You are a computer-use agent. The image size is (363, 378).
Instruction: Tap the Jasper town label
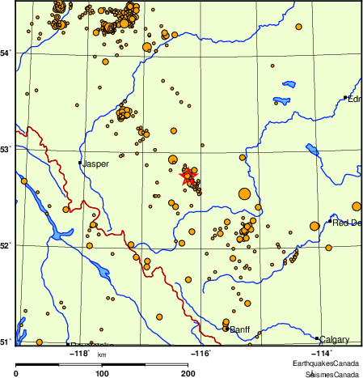pyautogui.click(x=95, y=164)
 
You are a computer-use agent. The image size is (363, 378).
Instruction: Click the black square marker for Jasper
pyautogui.click(x=79, y=163)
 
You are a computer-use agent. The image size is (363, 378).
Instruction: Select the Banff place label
pyautogui.click(x=240, y=330)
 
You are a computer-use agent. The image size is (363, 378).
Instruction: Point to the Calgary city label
pyautogui.click(x=333, y=339)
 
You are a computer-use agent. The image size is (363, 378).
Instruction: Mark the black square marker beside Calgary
pyautogui.click(x=317, y=338)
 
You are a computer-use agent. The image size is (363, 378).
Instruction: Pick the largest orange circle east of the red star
pyautogui.click(x=244, y=193)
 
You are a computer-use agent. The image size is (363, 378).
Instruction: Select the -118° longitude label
pyautogui.click(x=79, y=353)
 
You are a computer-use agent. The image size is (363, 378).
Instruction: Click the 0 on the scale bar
pyautogui.click(x=17, y=373)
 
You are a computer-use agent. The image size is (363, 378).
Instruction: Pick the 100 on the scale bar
pyautogui.click(x=102, y=373)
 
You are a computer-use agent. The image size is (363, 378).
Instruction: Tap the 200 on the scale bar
pyautogui.click(x=187, y=373)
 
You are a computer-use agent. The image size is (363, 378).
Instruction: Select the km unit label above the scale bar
pyautogui.click(x=102, y=355)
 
